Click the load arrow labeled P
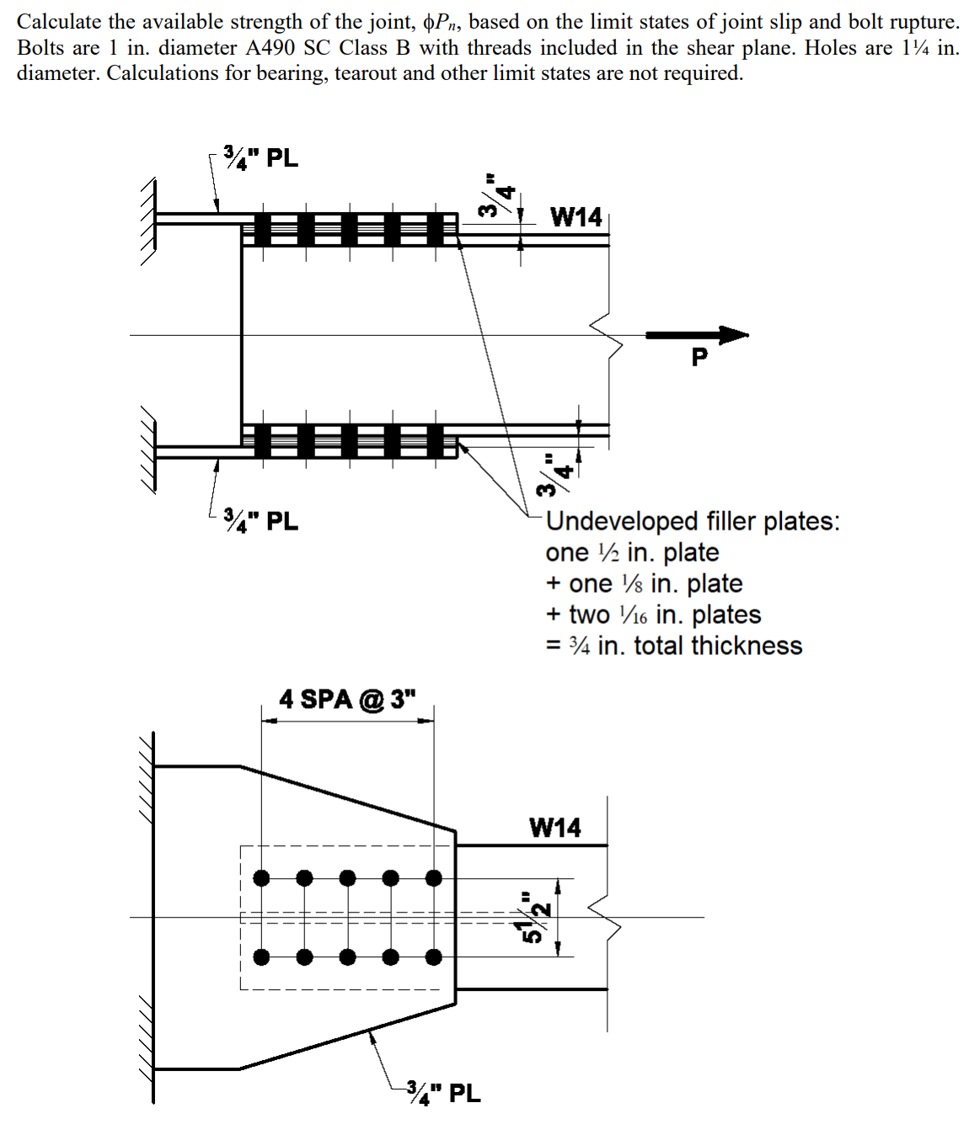pyautogui.click(x=698, y=335)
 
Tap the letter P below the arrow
pyautogui.click(x=699, y=358)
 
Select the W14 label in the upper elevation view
pyautogui.click(x=576, y=217)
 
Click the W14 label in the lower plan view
pyautogui.click(x=555, y=828)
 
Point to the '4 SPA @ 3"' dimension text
pyautogui.click(x=348, y=699)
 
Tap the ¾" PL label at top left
pyautogui.click(x=261, y=157)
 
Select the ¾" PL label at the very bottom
pyautogui.click(x=443, y=1093)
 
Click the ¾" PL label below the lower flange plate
pyautogui.click(x=261, y=521)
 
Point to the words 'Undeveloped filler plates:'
pyautogui.click(x=693, y=521)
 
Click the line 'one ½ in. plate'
pyautogui.click(x=632, y=552)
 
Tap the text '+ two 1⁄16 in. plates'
pyautogui.click(x=653, y=615)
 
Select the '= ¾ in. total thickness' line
pyautogui.click(x=674, y=646)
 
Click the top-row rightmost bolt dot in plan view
pyautogui.click(x=433, y=878)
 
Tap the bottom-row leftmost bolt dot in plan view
pyautogui.click(x=262, y=956)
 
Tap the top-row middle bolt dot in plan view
pyautogui.click(x=348, y=878)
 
